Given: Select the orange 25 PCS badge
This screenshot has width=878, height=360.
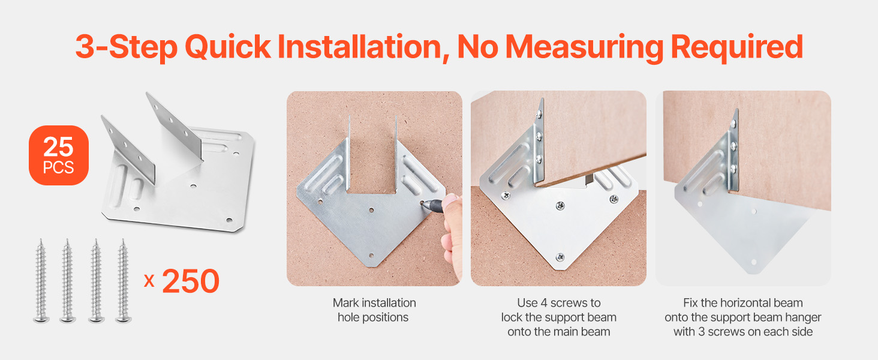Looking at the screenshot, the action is [x=59, y=155].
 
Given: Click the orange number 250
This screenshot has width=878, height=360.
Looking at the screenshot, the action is [x=191, y=281].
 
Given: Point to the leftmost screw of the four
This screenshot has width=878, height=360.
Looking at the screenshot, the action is [x=41, y=281].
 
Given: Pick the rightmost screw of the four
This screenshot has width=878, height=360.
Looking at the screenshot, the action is [x=123, y=281].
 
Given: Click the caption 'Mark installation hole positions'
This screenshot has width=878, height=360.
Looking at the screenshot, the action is [x=374, y=310].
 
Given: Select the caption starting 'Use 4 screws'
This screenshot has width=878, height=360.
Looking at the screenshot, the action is [x=558, y=317].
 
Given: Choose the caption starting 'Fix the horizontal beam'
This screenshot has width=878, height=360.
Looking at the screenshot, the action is [x=743, y=317].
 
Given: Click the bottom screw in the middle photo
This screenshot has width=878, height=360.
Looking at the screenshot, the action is [x=561, y=257].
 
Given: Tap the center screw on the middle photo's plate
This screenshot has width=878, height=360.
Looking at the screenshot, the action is [x=561, y=205].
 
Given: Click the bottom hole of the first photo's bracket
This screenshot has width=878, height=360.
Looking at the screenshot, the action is [x=371, y=256].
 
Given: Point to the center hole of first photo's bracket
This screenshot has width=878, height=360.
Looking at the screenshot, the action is [x=371, y=210].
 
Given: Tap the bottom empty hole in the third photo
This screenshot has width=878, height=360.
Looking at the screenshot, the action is [x=753, y=262].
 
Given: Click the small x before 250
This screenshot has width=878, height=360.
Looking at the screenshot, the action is [x=149, y=281].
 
